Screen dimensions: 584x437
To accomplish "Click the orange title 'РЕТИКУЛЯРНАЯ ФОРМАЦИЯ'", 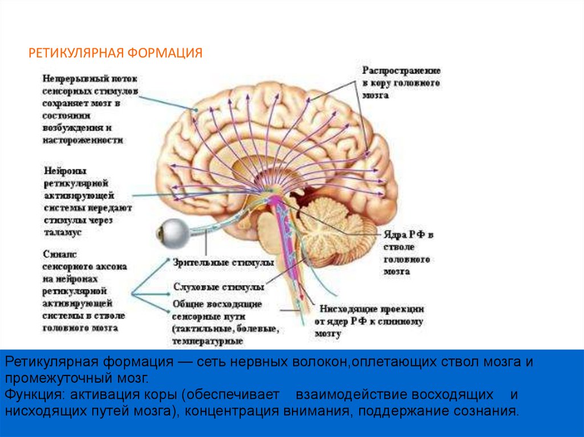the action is pos(116,54).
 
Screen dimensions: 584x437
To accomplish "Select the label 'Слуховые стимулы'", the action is pos(218,287).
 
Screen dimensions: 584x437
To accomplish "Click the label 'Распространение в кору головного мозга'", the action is pos(401,83).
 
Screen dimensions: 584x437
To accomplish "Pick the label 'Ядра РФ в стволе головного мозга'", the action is pos(408,253).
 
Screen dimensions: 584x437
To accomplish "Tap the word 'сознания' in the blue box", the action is pos(493,411).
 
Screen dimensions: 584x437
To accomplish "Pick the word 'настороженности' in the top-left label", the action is pos(83,140).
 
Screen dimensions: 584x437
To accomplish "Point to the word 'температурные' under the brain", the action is pos(208,341).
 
